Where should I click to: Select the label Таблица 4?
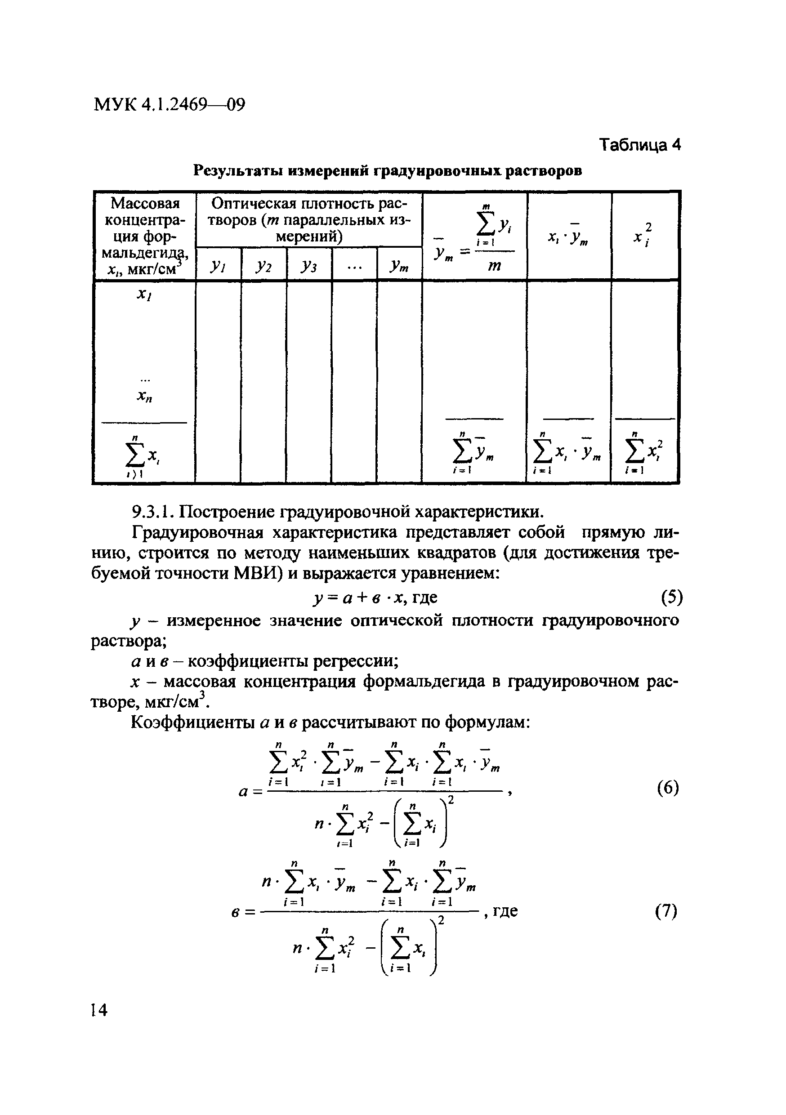tap(640, 145)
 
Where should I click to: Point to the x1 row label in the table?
tap(144, 295)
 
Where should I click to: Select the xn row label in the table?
tap(144, 397)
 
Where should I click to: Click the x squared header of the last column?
tap(644, 236)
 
